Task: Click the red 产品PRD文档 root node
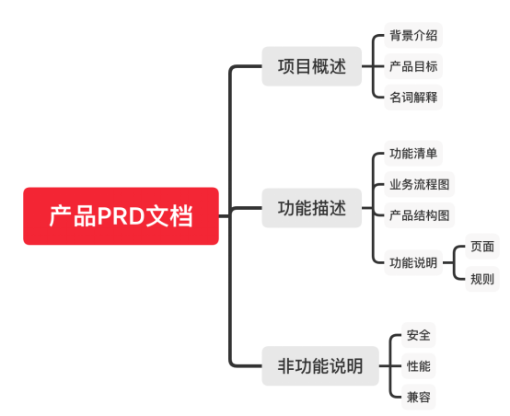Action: [x=121, y=216]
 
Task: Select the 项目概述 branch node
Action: [x=311, y=66]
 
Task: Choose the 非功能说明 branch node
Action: [x=320, y=365]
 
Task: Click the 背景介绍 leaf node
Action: [x=413, y=36]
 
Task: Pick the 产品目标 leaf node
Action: [x=413, y=66]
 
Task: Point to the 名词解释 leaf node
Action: [x=413, y=97]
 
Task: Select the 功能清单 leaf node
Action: [x=413, y=153]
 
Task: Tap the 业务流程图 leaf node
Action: [x=419, y=184]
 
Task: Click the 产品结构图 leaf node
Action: [x=419, y=215]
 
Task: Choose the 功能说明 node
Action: [x=413, y=262]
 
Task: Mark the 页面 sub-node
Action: [x=481, y=246]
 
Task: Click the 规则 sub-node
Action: [x=481, y=278]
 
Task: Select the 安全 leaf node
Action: [x=418, y=334]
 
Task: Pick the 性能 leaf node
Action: [x=418, y=365]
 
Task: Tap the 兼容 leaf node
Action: [x=418, y=397]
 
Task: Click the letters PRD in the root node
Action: [x=120, y=216]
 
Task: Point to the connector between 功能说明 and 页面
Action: [x=454, y=253]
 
